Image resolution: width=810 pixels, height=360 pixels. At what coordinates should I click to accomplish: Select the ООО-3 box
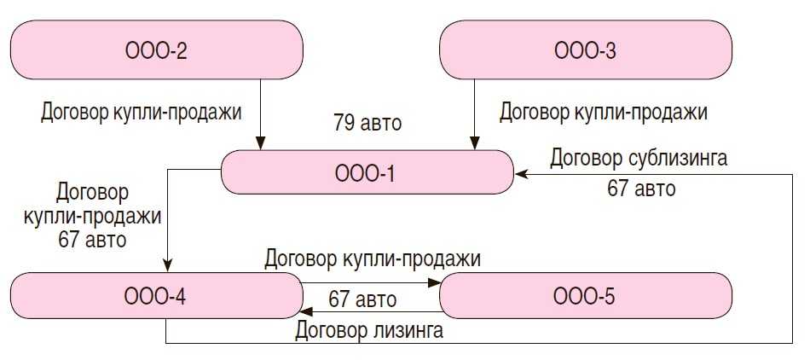click(585, 50)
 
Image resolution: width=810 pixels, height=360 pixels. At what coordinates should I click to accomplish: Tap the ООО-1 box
click(367, 173)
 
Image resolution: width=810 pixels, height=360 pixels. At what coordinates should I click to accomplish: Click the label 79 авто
click(367, 123)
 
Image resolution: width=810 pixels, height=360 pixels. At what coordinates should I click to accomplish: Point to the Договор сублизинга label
click(639, 158)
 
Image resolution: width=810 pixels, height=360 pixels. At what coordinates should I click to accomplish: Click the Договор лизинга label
click(368, 329)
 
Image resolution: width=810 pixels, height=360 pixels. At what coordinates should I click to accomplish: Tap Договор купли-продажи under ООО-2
click(142, 112)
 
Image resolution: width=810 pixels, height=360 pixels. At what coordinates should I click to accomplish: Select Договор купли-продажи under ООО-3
click(604, 112)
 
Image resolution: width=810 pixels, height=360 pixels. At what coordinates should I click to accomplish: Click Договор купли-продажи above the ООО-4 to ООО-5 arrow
click(373, 258)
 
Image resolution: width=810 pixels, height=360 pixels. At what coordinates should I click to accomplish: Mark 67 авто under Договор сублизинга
click(641, 189)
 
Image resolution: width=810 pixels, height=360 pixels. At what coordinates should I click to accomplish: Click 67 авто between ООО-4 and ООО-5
click(362, 299)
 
